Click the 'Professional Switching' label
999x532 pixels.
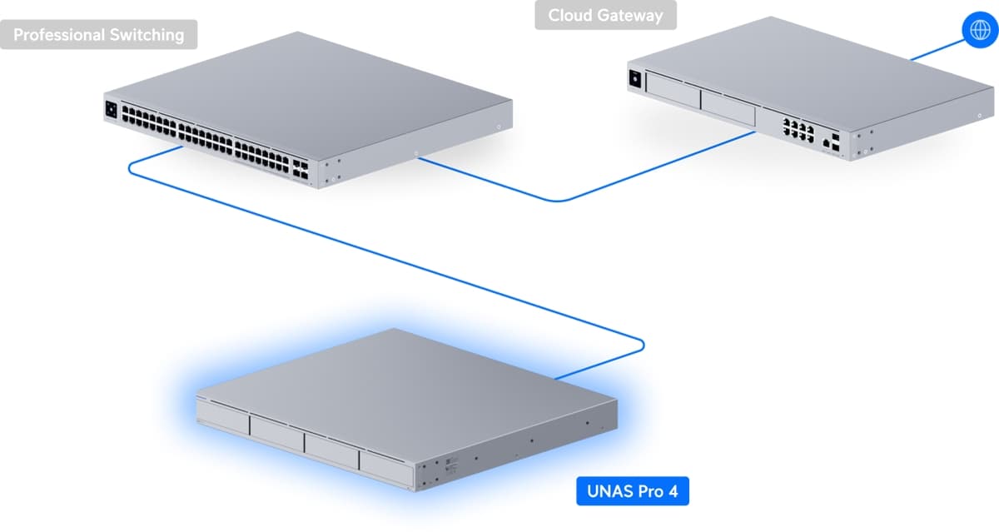(x=98, y=35)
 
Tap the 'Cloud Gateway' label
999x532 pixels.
(x=605, y=15)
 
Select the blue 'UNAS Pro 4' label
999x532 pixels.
(x=633, y=491)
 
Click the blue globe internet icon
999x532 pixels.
(x=976, y=30)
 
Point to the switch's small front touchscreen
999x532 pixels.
(x=111, y=108)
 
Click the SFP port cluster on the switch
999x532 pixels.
(x=301, y=170)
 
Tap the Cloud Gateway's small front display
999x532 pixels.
(x=636, y=79)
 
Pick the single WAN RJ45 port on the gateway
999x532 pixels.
(x=824, y=143)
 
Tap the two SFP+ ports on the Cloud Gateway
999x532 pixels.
(x=836, y=138)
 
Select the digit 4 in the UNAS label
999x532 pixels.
(x=673, y=491)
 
